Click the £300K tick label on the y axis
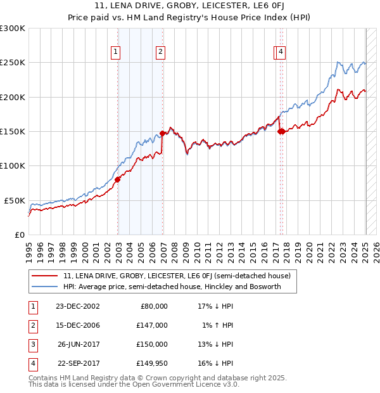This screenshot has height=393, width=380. [x=13, y=29]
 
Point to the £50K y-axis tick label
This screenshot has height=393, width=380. [x=15, y=200]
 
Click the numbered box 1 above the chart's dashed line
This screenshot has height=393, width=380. [x=117, y=53]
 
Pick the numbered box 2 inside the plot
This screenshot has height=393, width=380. [x=161, y=53]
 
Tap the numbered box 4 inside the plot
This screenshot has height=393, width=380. [x=280, y=53]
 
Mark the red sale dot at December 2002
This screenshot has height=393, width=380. [x=118, y=179]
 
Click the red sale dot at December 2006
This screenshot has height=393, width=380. [x=163, y=133]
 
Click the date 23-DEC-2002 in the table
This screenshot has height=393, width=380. [x=78, y=306]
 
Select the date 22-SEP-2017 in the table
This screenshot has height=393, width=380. [x=78, y=363]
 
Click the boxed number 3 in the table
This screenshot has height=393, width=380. [x=32, y=344]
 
